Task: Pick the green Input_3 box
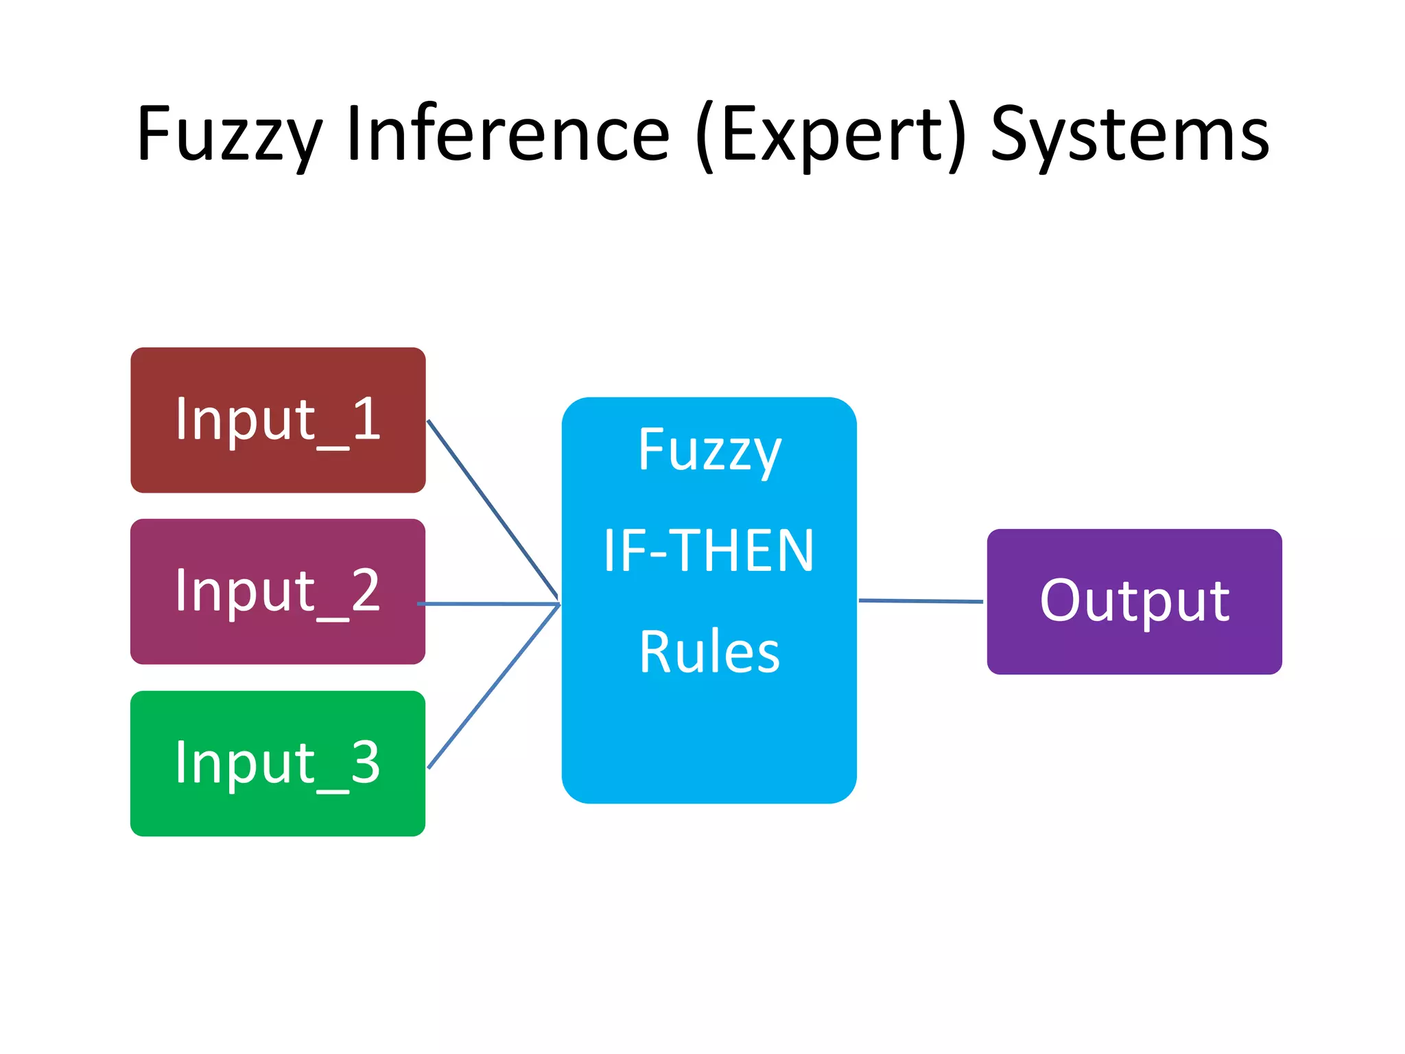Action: [277, 810]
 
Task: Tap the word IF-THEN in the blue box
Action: [709, 550]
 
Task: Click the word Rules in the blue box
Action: [709, 652]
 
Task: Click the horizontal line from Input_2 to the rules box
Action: [488, 604]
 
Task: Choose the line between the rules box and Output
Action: [921, 601]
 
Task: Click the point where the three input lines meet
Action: [558, 604]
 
